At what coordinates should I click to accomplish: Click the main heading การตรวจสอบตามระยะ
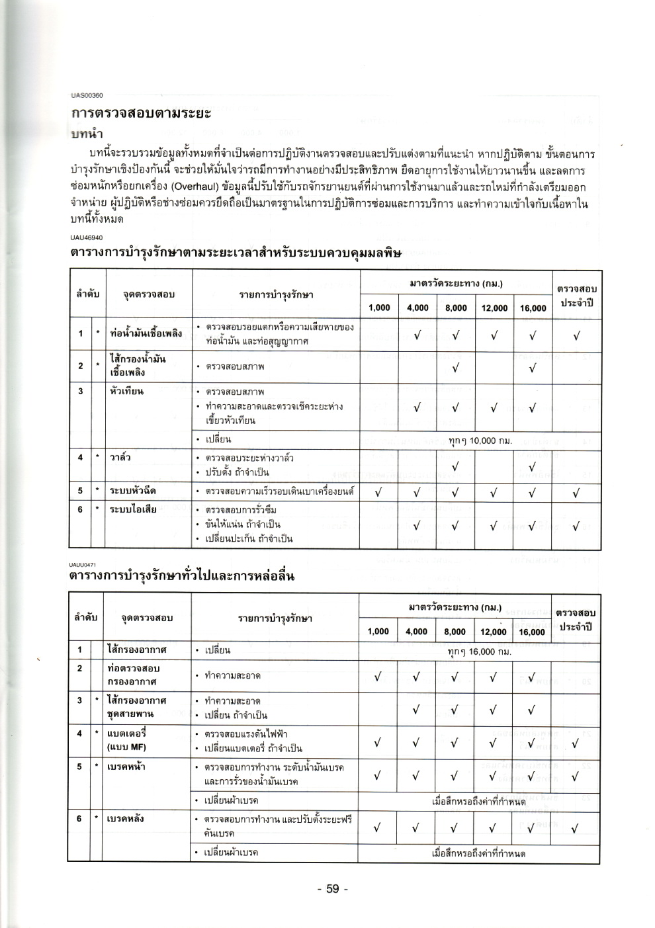[x=141, y=113]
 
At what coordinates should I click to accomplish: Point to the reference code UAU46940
[x=87, y=237]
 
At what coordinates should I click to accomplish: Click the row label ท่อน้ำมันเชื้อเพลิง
[x=146, y=333]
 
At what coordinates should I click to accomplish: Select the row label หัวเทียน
[x=126, y=391]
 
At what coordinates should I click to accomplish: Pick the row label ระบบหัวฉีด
[x=133, y=491]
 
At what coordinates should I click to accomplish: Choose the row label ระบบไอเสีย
[x=133, y=509]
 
